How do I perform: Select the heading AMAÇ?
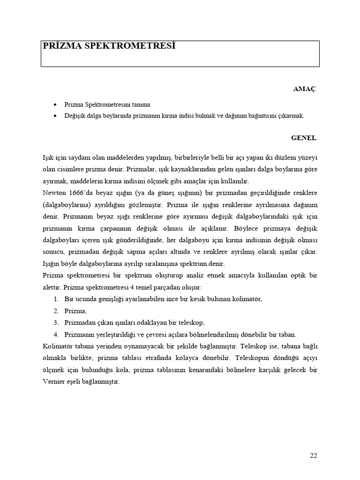tap(304, 89)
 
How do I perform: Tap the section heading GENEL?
tap(304, 138)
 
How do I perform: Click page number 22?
tap(314, 455)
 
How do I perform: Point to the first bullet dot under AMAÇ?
tap(55, 105)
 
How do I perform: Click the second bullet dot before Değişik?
tap(55, 115)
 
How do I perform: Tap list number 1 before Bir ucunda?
tap(56, 299)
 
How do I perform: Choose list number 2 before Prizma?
tap(56, 311)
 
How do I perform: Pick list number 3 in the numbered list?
tap(56, 323)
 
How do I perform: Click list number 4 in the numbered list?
tap(56, 335)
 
